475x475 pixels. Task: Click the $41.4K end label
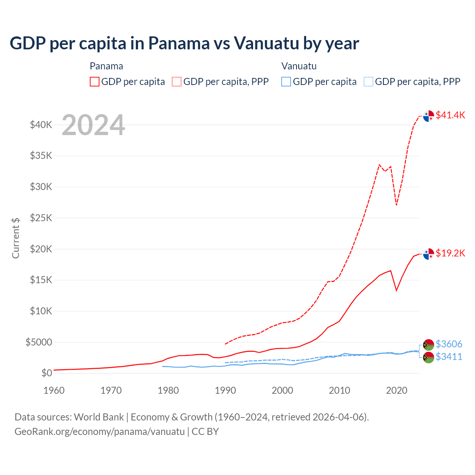[450, 115]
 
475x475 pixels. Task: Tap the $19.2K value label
[450, 253]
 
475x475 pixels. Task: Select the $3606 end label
[449, 344]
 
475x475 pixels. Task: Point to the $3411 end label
[449, 357]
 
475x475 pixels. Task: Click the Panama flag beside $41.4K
[429, 116]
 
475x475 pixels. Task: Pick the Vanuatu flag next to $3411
[429, 358]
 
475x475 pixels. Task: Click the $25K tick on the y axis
[41, 218]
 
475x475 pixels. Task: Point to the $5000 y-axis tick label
[39, 342]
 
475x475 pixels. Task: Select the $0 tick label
[46, 373]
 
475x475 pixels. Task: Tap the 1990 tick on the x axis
[225, 390]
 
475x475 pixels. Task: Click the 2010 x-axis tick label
[340, 390]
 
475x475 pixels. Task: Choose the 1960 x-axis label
[54, 390]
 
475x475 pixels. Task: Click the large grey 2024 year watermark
[93, 125]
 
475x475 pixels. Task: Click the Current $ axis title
[16, 238]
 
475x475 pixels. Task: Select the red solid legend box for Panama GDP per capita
[95, 82]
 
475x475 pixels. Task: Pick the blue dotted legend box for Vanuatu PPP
[368, 82]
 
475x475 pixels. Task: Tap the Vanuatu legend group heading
[299, 66]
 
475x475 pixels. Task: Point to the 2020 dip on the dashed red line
[396, 204]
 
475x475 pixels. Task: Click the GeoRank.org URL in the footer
[99, 432]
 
